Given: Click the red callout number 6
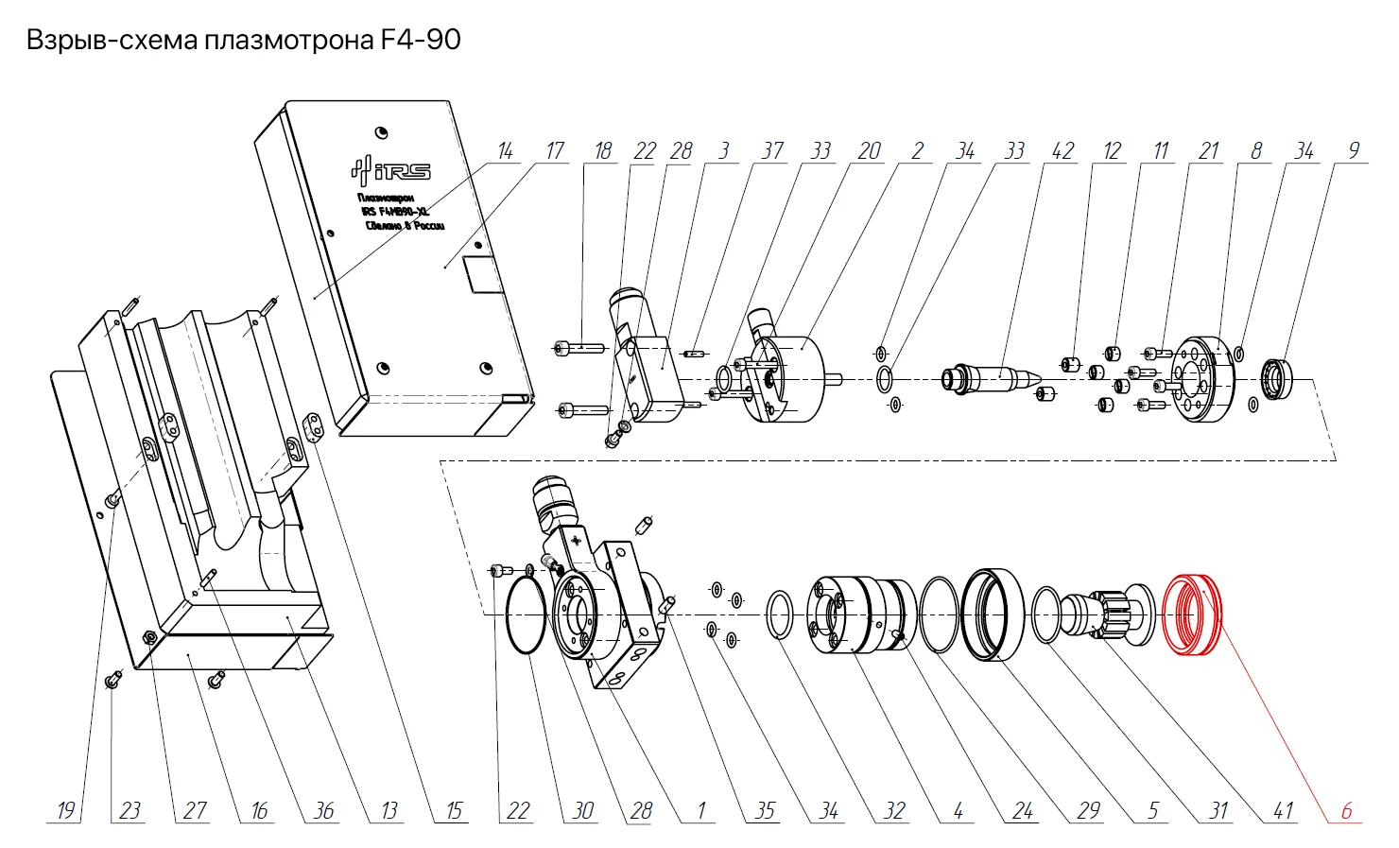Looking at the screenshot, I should point(1346,810).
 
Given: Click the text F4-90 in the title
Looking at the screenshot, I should point(420,40).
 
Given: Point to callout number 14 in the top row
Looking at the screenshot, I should point(506,151).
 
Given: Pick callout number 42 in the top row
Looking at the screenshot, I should point(1062,151).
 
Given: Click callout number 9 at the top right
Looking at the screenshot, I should point(1354,151).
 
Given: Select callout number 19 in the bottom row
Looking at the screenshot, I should point(65,810).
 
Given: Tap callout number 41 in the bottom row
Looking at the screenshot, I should point(1283,810).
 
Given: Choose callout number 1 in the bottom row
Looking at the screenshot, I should point(701,810).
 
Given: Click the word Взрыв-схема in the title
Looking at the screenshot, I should point(112,40).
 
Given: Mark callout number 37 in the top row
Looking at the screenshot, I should point(772,151).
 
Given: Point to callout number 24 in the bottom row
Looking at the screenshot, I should point(1023,810).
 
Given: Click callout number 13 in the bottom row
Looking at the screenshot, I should point(389,810).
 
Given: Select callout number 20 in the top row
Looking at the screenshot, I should point(869,151).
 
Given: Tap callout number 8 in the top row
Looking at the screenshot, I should point(1256,151).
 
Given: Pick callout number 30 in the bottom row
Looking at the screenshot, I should point(583,810).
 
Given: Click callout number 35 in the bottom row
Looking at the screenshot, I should point(765,810).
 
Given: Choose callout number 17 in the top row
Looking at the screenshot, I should point(554,151).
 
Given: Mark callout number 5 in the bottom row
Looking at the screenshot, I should point(1153,810).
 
